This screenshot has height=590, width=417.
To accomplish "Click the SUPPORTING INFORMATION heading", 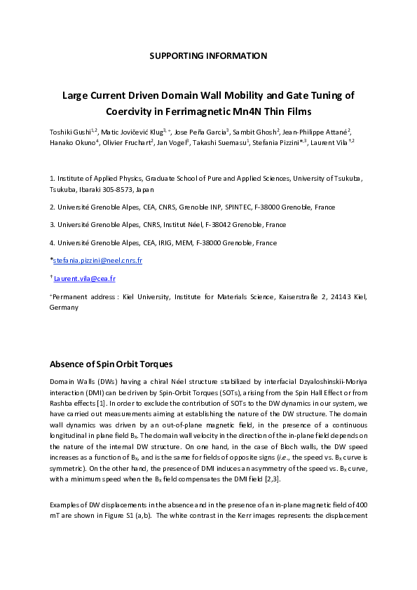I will pyautogui.click(x=208, y=55).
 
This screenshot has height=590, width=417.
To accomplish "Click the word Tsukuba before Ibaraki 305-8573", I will pyautogui.click(x=64, y=189).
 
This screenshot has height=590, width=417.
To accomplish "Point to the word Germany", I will pyautogui.click(x=64, y=307).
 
